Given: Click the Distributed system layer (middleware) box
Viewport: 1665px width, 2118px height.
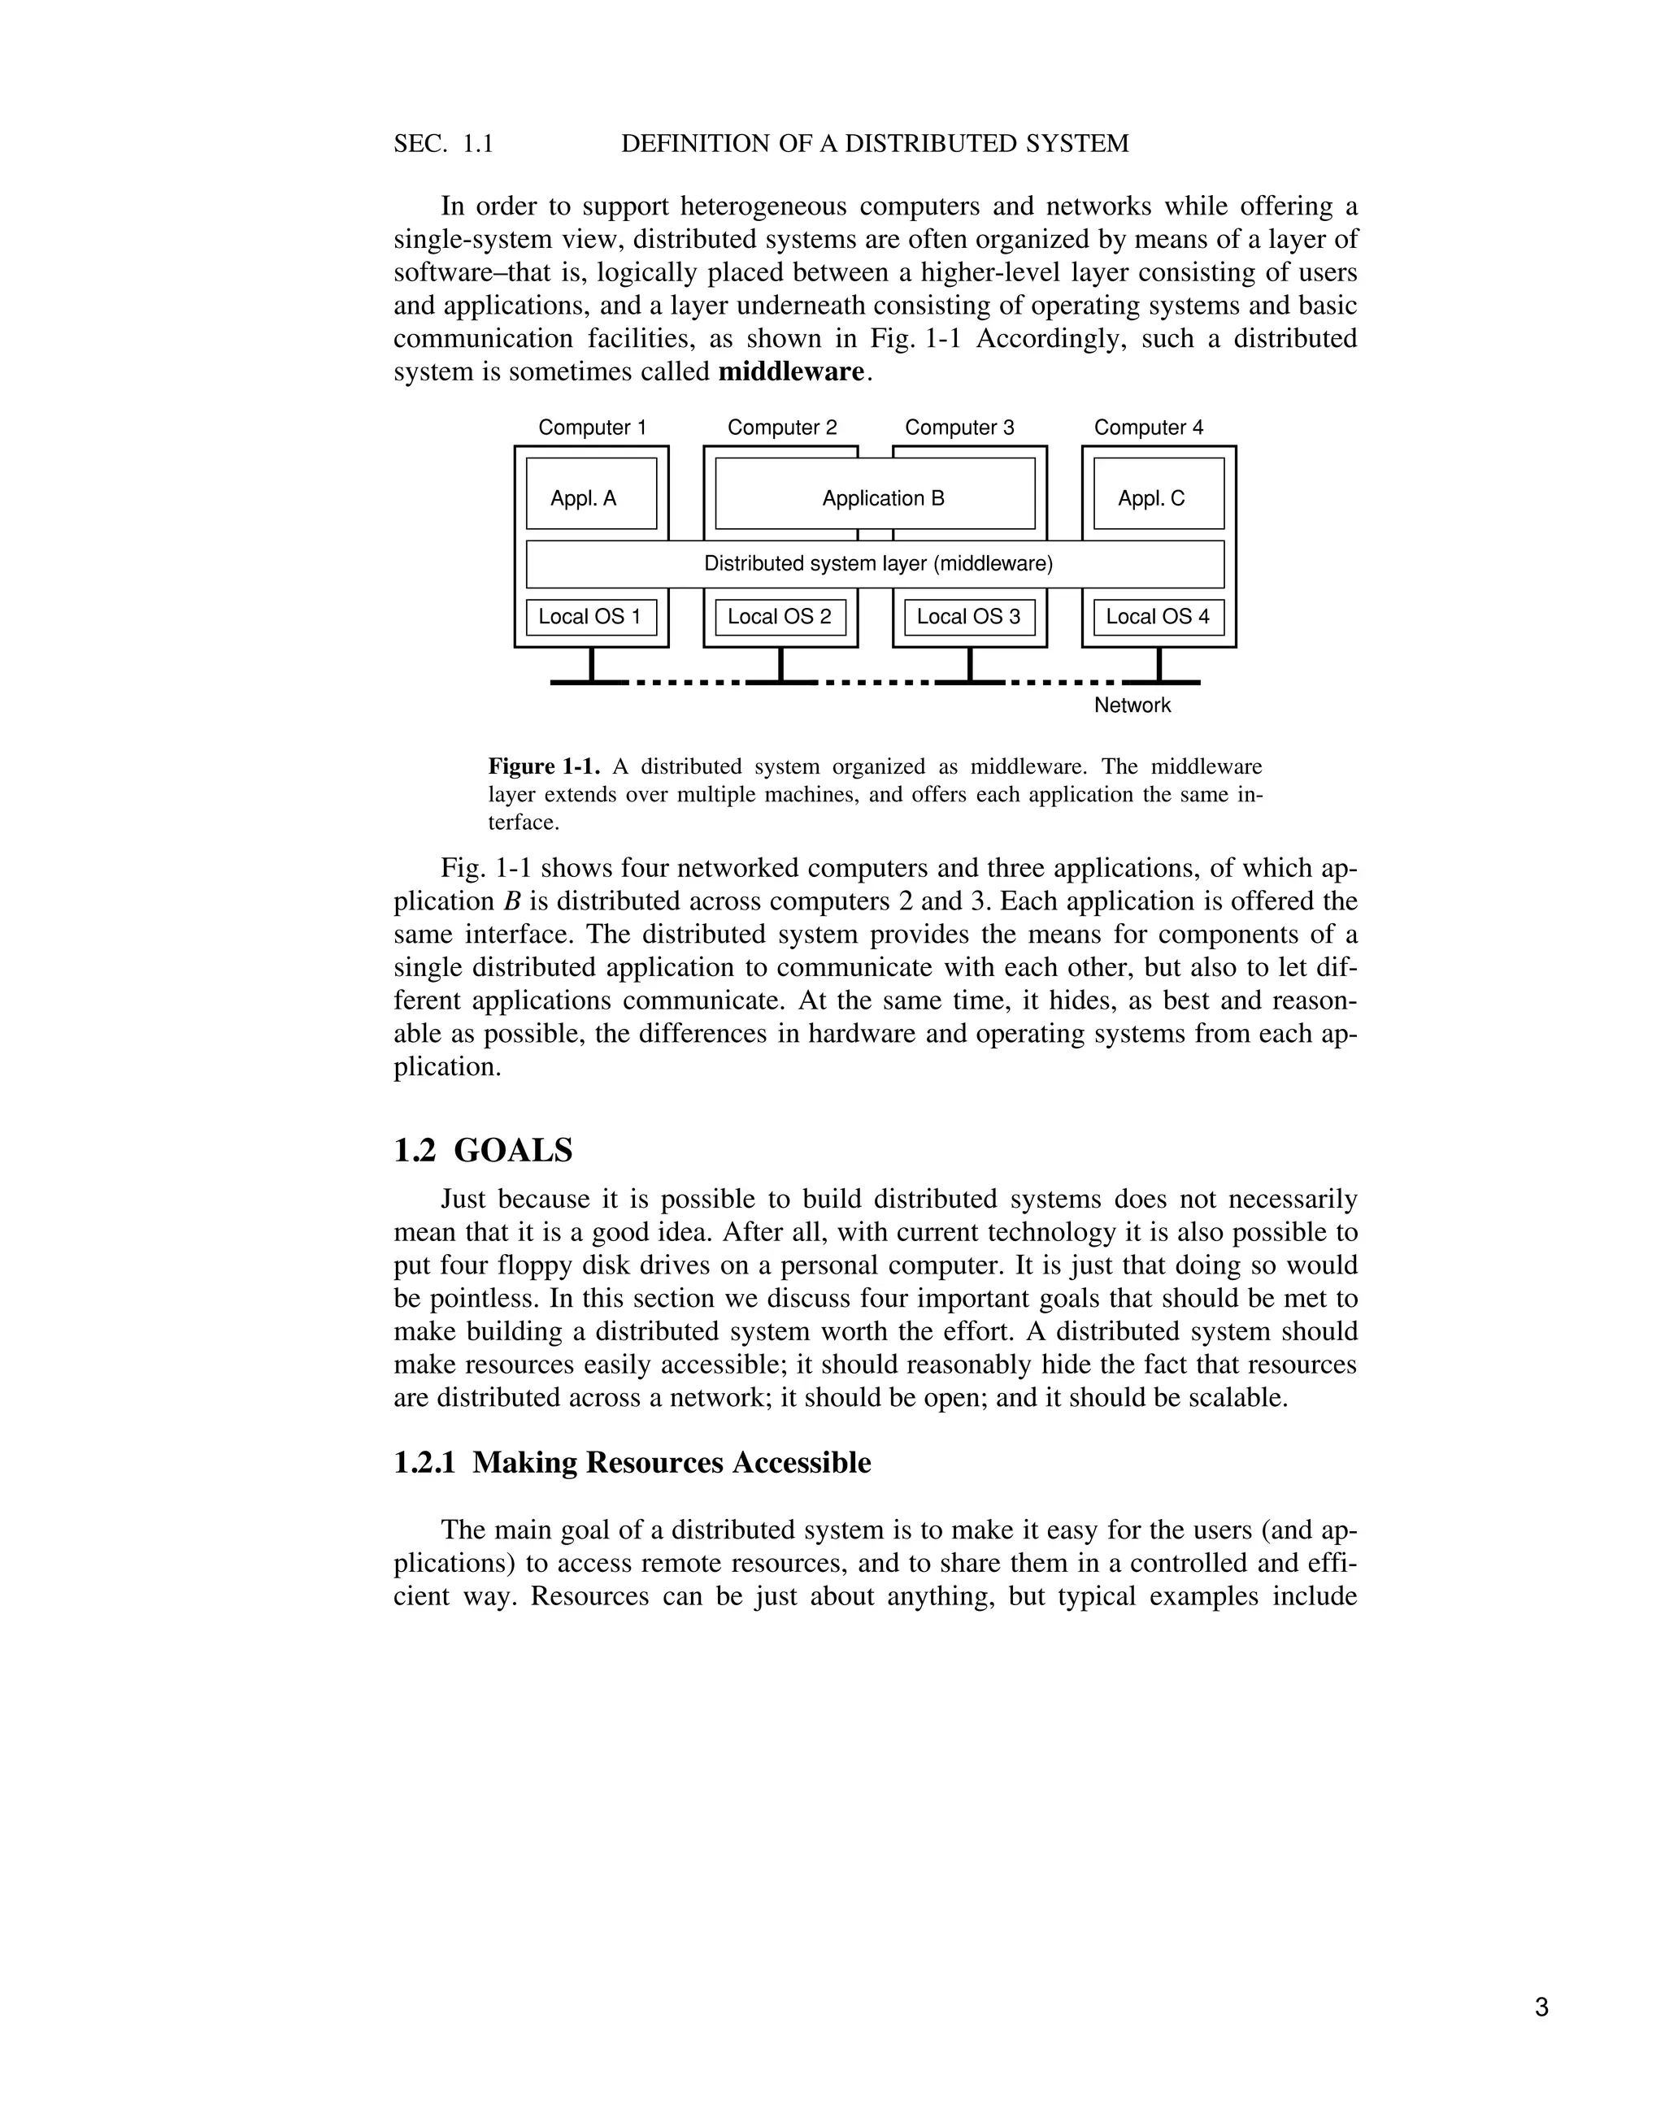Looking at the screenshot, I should pyautogui.click(x=875, y=564).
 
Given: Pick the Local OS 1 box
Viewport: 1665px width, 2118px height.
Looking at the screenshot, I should pyautogui.click(x=591, y=617).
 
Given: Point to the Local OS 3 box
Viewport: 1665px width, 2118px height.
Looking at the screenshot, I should pyautogui.click(x=969, y=617).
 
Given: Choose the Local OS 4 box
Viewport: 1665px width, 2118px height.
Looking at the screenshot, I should pyautogui.click(x=1158, y=617).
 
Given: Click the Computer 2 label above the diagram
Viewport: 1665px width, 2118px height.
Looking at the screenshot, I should pyautogui.click(x=782, y=428).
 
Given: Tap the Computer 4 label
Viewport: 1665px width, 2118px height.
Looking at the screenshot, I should pyautogui.click(x=1148, y=428).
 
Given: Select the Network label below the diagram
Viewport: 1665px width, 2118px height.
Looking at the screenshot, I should pyautogui.click(x=1132, y=705).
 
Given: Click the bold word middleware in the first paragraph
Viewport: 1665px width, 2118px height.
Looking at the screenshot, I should pyautogui.click(x=790, y=372).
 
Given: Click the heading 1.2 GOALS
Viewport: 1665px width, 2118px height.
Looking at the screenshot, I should pyautogui.click(x=484, y=1151).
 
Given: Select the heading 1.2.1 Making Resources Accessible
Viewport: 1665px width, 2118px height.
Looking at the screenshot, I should pyautogui.click(x=632, y=1463).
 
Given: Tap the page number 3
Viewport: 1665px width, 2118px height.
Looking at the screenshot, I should pyautogui.click(x=1541, y=2007).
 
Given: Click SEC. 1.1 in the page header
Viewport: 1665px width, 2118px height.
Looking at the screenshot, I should pyautogui.click(x=444, y=144).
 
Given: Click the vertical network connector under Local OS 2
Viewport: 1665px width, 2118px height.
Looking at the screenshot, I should pyautogui.click(x=780, y=665).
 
